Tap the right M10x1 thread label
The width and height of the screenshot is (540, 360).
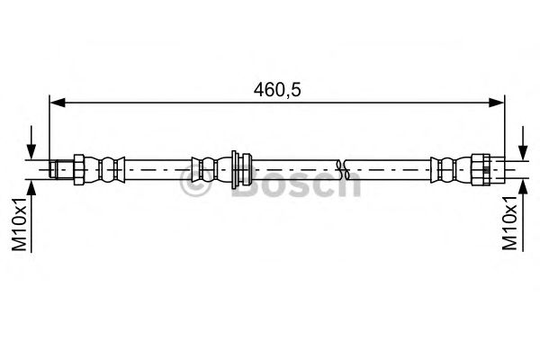(x=510, y=226)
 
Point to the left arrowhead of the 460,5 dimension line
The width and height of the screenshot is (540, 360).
(x=56, y=103)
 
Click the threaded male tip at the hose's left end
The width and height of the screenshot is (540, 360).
(x=60, y=167)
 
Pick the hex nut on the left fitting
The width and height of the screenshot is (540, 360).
(x=78, y=167)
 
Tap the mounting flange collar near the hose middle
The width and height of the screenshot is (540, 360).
(x=238, y=167)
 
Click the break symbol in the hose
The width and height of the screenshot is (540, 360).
(x=340, y=167)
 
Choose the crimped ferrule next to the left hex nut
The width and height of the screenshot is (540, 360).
(x=108, y=167)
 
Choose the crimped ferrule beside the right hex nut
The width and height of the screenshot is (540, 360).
(x=446, y=167)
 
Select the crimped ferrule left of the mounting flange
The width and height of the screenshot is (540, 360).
(x=206, y=167)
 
